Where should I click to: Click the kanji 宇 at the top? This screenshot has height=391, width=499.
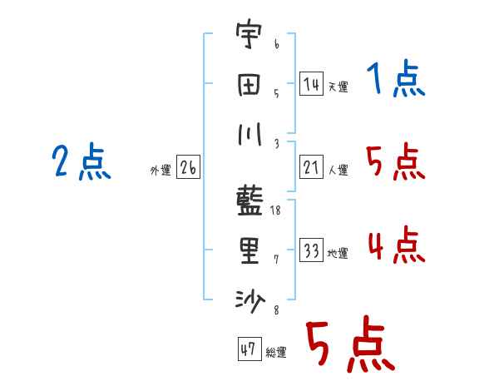point(249,37)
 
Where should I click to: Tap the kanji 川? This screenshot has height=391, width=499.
point(249,135)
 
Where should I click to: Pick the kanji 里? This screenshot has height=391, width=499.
point(249,251)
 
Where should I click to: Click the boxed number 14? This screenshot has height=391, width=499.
point(311,83)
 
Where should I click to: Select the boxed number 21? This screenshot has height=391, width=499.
point(311,168)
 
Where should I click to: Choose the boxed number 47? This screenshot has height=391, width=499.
point(247,350)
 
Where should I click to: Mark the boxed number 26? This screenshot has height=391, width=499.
point(188,168)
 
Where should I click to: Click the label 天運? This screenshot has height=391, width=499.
point(338,87)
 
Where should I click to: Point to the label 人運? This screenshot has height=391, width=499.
point(338,171)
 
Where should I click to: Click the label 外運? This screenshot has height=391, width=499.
point(160,171)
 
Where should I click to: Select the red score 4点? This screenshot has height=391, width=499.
point(396,246)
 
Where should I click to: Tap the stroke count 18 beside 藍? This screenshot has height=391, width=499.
point(276,212)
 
